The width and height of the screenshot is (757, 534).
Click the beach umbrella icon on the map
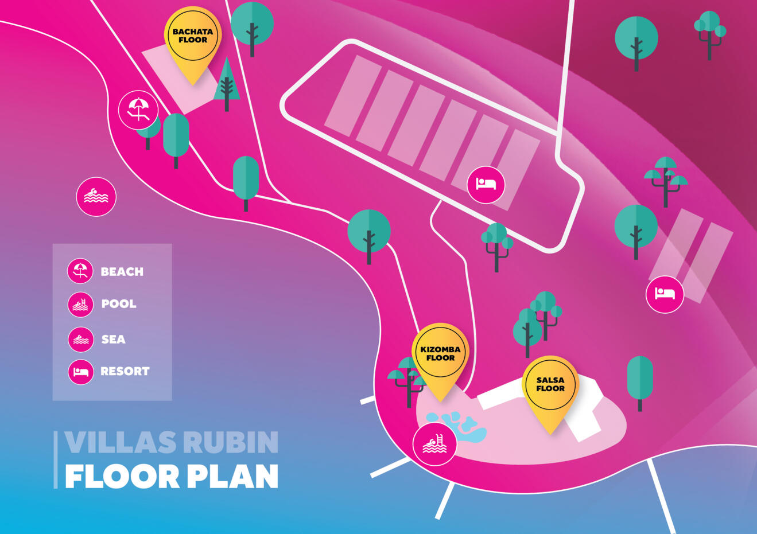tap(138, 110)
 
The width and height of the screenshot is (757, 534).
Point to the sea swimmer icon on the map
tap(96, 197)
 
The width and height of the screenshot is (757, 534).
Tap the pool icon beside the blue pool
tap(434, 444)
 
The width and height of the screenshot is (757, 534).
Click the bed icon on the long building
tap(486, 185)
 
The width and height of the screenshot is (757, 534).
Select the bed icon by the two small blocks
tap(665, 294)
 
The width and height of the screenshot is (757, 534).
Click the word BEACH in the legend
tap(122, 271)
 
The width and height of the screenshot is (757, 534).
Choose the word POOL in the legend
tap(119, 304)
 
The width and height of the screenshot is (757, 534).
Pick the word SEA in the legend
tap(114, 339)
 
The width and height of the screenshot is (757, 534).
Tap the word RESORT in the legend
tap(125, 371)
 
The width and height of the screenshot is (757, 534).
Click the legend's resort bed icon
tap(81, 372)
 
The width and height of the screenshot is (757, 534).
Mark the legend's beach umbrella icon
tap(80, 271)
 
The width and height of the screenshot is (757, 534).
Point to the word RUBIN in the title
tap(232, 442)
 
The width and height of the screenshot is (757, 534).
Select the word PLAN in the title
tap(232, 476)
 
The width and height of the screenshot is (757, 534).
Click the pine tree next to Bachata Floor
tap(227, 84)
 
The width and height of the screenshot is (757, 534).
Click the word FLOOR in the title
tap(122, 476)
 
